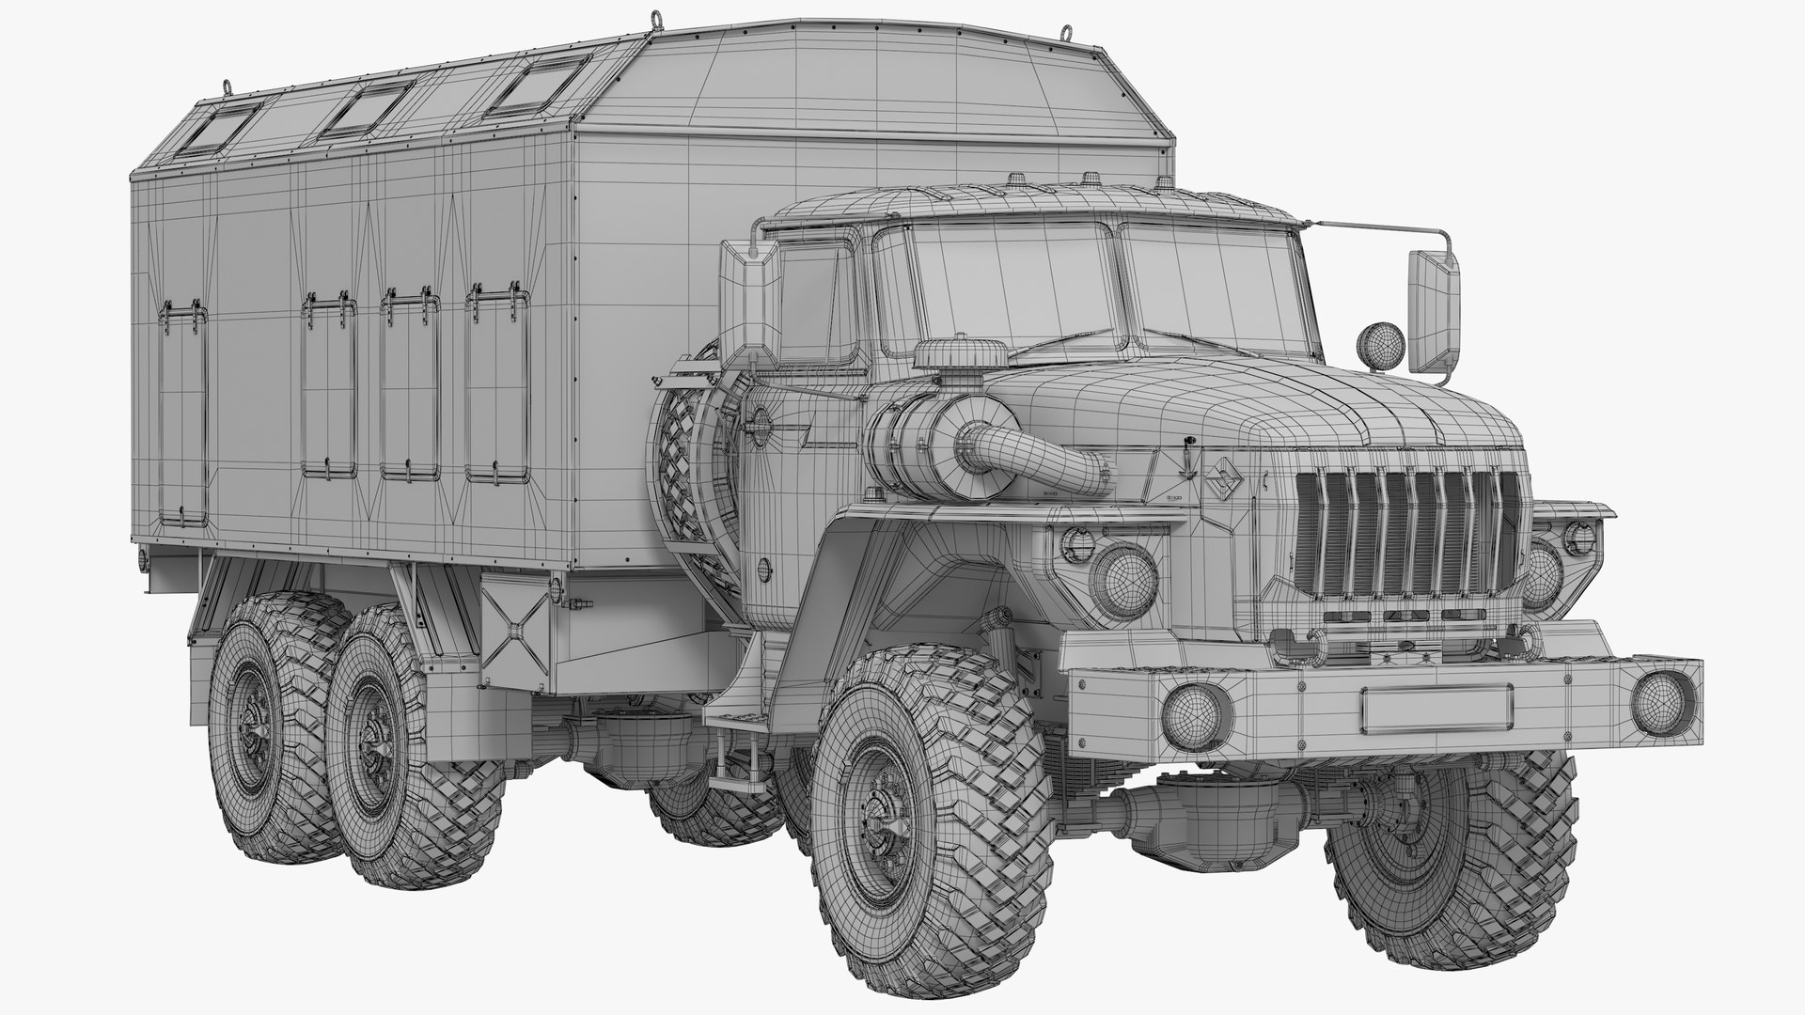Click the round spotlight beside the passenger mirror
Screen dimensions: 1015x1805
1378,343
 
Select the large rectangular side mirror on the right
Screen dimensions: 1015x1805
1434,311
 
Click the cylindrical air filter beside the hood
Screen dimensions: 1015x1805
917,442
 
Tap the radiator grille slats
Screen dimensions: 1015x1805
1405,536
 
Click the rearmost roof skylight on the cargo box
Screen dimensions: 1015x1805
221,125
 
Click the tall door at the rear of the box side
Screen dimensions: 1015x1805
182,414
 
